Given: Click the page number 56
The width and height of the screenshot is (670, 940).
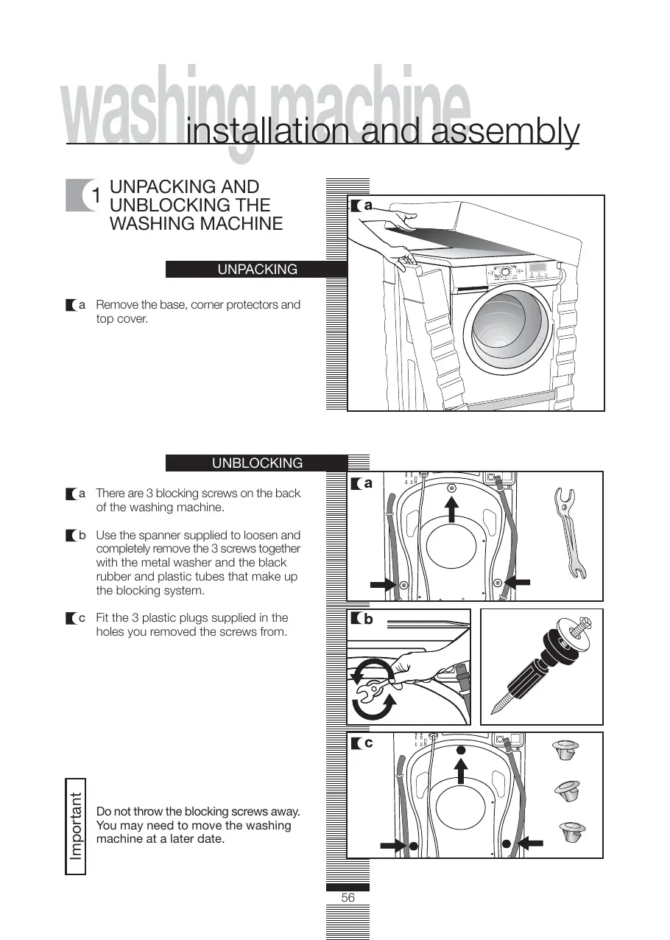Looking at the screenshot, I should [348, 898].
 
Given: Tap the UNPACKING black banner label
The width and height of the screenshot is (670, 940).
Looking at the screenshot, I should [257, 270].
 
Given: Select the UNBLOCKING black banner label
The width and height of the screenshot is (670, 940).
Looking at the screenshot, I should [257, 463].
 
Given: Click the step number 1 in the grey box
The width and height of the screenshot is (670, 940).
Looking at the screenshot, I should [96, 195].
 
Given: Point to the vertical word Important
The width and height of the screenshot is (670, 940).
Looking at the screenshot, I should [76, 827].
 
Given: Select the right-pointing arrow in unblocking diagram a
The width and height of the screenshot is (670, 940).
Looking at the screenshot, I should [384, 584].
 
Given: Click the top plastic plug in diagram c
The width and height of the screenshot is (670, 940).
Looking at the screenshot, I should [565, 752].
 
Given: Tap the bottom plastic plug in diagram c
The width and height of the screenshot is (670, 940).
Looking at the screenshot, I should [571, 833].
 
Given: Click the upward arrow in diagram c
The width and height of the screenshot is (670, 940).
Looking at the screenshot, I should [461, 773].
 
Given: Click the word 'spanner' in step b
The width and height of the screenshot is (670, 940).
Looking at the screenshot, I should [178, 536].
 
